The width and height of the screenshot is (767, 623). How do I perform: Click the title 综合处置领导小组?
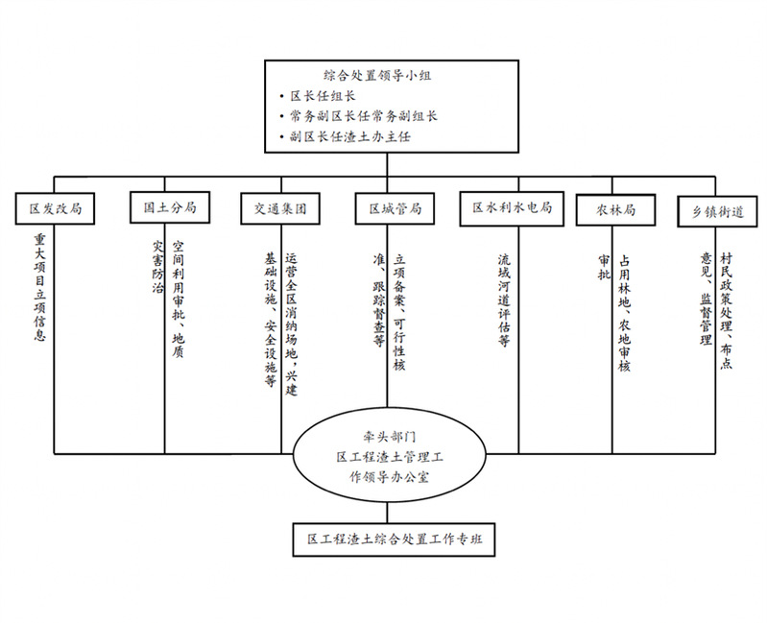pos(377,75)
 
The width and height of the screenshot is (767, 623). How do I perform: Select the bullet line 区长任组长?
pos(323,96)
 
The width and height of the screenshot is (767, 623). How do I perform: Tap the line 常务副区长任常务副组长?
pos(363,116)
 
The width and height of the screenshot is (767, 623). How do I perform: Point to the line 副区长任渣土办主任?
pos(349,136)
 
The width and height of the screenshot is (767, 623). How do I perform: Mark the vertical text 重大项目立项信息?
pos(39,287)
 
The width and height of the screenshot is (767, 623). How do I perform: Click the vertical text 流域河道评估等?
pos(504,300)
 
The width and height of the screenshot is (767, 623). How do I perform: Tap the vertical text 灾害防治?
pos(157,266)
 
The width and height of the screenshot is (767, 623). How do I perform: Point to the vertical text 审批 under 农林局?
pos(604,267)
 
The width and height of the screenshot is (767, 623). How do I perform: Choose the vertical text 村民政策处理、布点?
pos(726,311)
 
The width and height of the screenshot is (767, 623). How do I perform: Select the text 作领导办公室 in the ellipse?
pos(390,477)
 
